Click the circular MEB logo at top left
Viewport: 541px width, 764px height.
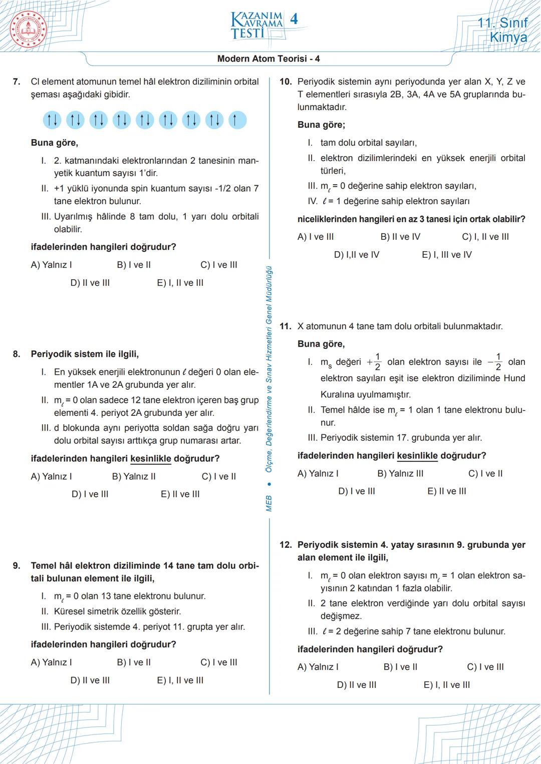(x=28, y=29)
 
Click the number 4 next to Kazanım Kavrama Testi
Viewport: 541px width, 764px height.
(x=294, y=20)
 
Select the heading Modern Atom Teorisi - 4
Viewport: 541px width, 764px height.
(x=268, y=59)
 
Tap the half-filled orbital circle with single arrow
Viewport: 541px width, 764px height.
(x=237, y=120)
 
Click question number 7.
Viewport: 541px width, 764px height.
(x=17, y=82)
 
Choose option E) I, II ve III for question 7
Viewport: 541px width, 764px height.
(x=180, y=283)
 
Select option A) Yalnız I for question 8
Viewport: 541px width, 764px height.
(x=51, y=476)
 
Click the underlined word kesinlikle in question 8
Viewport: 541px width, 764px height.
(x=150, y=458)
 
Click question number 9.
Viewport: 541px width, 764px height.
(x=17, y=566)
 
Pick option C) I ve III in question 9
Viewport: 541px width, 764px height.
(x=218, y=662)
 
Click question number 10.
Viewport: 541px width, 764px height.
(x=286, y=82)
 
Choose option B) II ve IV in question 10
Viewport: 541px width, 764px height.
(x=400, y=237)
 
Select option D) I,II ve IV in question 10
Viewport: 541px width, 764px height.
(x=356, y=255)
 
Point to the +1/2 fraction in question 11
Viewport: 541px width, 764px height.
(x=374, y=362)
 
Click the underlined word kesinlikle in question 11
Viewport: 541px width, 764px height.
(x=417, y=456)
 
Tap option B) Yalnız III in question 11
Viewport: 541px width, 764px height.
(x=400, y=473)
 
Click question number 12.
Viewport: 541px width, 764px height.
(x=286, y=545)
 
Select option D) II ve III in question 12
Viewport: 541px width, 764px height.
(x=356, y=685)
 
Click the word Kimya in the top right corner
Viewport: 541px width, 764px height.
(x=508, y=38)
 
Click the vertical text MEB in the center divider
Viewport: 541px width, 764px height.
(x=269, y=503)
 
